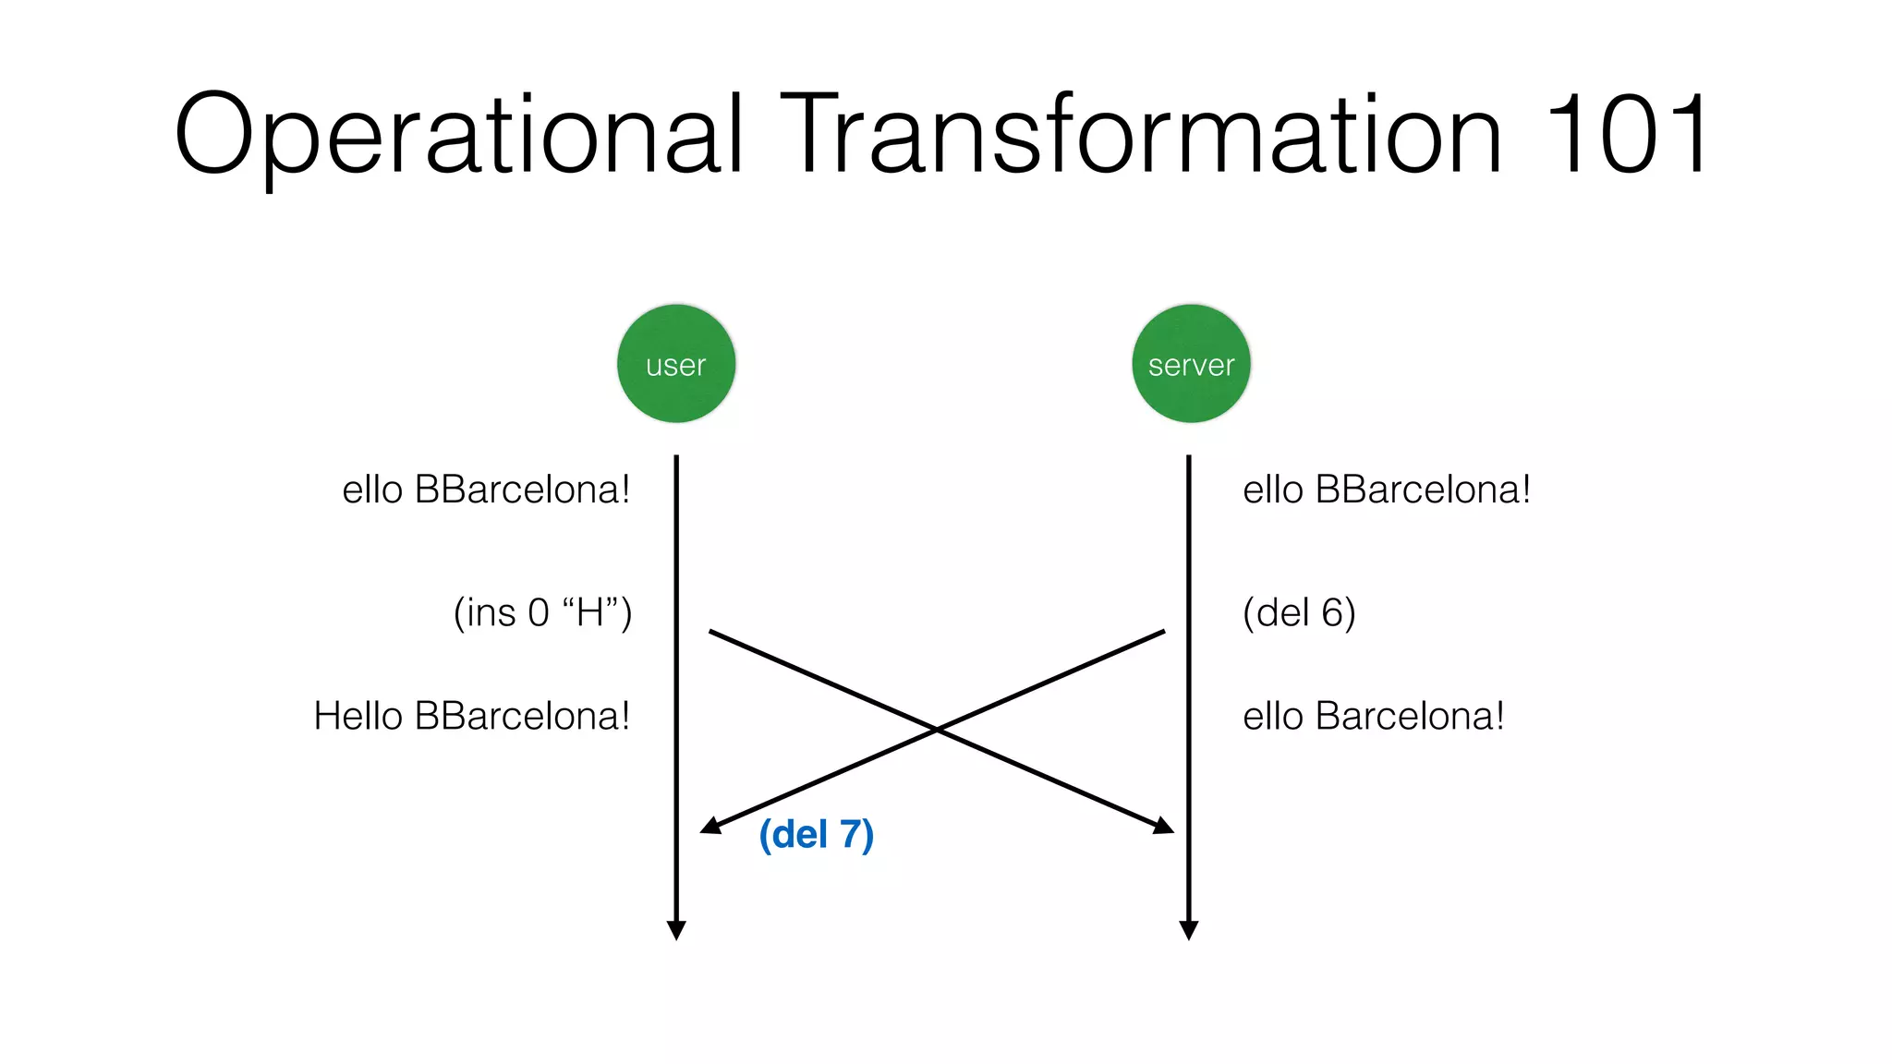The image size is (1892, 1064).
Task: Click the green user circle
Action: [x=676, y=364]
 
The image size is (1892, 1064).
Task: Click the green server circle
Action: [x=1191, y=364]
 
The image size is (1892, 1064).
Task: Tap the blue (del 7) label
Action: [x=816, y=835]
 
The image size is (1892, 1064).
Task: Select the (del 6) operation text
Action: [x=1299, y=613]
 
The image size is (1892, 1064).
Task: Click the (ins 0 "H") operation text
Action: [x=542, y=613]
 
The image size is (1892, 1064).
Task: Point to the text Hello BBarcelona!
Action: [x=471, y=717]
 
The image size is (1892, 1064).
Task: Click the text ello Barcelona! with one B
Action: [x=1373, y=717]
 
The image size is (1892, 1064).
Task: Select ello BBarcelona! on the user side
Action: [x=486, y=490]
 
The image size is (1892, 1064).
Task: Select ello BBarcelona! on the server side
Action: [x=1387, y=490]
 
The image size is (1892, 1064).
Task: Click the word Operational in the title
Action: [x=458, y=135]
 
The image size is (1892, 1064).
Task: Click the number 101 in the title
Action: [x=1627, y=135]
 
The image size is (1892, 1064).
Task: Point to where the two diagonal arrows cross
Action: [x=937, y=730]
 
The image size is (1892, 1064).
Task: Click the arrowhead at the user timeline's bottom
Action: [x=676, y=930]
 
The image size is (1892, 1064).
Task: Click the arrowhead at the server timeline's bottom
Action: [x=1189, y=930]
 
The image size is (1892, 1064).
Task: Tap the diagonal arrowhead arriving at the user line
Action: [x=709, y=826]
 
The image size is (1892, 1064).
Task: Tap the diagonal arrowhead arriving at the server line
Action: [x=1164, y=826]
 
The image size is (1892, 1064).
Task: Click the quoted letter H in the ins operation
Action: [x=589, y=612]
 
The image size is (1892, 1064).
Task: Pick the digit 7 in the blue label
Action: [x=850, y=835]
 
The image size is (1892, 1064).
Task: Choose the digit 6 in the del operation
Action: [x=1331, y=613]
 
